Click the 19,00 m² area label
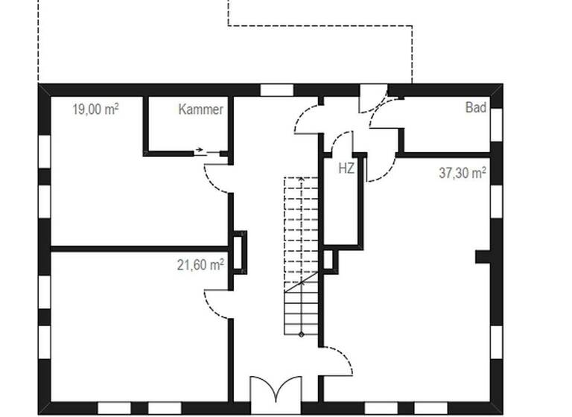(95, 109)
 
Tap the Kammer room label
(200, 109)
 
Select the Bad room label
(476, 108)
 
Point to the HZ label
(346, 168)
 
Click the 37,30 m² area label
(462, 173)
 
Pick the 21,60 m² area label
(200, 264)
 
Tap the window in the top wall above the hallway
(276, 90)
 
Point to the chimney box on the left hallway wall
(239, 252)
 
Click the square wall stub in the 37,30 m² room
(483, 256)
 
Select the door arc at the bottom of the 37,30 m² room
(337, 362)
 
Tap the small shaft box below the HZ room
(328, 260)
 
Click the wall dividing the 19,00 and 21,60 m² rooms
(139, 248)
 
